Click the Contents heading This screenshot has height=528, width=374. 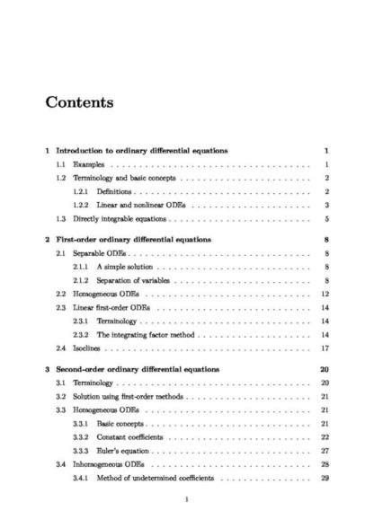point(79,101)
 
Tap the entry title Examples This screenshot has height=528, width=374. point(87,165)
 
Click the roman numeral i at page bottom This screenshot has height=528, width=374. point(186,501)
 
